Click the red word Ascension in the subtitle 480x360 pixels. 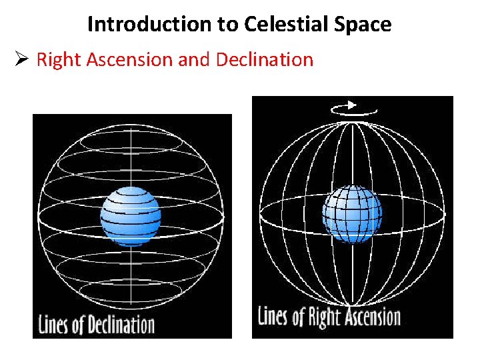click(125, 60)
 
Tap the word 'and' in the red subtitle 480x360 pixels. click(194, 60)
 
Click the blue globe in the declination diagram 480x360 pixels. click(131, 217)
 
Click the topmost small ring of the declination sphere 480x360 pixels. click(131, 141)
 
